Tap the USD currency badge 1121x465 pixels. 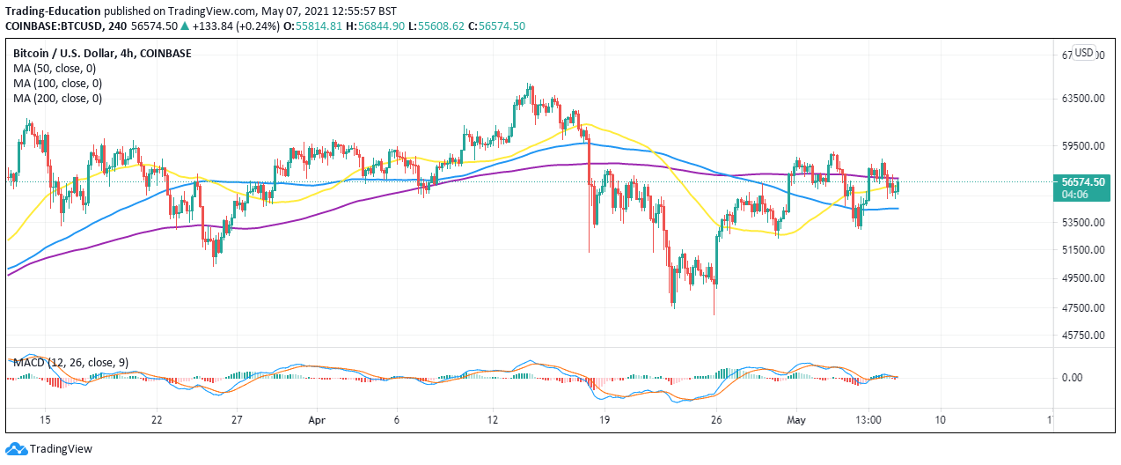(x=1084, y=53)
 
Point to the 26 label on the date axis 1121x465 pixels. (x=717, y=419)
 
